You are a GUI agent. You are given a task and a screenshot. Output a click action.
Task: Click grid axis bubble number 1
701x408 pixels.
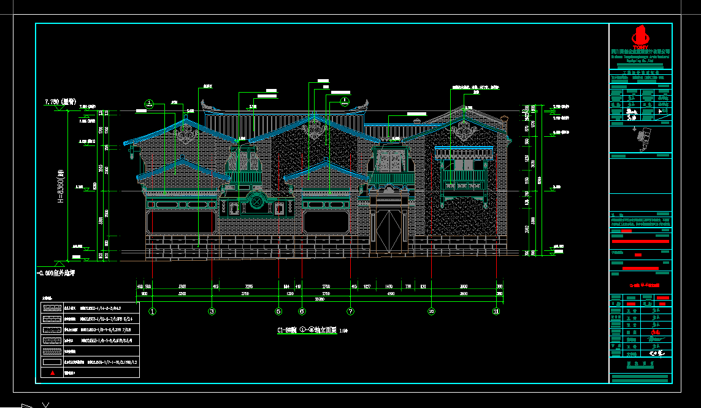[x=153, y=311]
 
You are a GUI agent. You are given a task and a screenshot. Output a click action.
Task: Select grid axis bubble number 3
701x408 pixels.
[x=212, y=311]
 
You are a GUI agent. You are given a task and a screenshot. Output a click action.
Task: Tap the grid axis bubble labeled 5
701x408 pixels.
[x=278, y=311]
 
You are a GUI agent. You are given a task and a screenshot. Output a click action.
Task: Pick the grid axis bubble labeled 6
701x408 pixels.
[x=301, y=311]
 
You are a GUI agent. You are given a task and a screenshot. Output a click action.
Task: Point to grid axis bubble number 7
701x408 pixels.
[x=350, y=311]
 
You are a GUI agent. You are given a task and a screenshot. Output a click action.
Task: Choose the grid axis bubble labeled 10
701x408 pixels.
[x=432, y=311]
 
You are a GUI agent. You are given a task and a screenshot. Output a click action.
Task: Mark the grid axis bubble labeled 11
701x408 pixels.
[x=496, y=311]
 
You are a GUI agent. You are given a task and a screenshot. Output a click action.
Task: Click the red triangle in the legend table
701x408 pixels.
[x=53, y=372]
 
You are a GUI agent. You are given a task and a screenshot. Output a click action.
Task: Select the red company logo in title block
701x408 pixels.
[x=640, y=36]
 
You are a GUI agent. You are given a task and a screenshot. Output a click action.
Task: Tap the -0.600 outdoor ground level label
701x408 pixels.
[x=59, y=272]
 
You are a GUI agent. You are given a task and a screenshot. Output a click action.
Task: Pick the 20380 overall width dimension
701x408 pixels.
[x=320, y=299]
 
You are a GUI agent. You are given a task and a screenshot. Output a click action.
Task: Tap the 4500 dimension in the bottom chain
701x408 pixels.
[x=390, y=293]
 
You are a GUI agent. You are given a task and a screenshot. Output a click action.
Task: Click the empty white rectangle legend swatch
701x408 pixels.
[x=53, y=362]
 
